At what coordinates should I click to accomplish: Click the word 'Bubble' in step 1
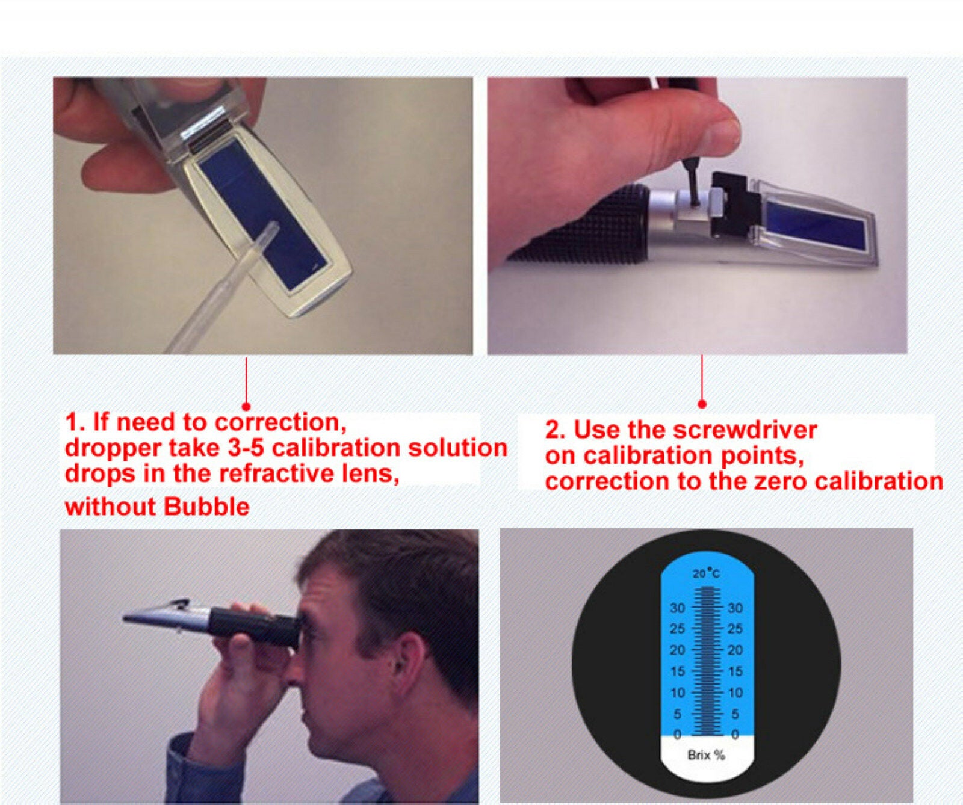[206, 507]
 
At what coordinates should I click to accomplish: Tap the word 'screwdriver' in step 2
[745, 430]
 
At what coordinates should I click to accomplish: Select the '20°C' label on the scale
[705, 573]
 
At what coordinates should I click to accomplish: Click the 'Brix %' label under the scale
[706, 754]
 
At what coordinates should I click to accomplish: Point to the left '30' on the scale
[677, 608]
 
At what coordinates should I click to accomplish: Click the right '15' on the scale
[735, 671]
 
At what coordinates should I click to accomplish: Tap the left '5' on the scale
[678, 714]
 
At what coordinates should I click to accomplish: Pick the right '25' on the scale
[735, 629]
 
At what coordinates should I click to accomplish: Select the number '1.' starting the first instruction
[75, 422]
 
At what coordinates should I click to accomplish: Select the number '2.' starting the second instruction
[555, 430]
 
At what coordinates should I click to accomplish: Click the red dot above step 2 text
[702, 404]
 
